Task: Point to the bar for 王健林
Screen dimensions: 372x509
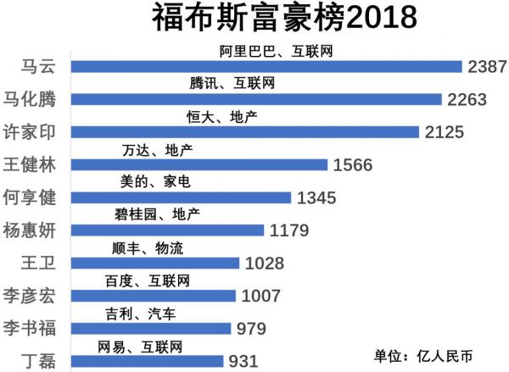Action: coord(200,164)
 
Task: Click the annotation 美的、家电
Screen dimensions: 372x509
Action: coord(156,182)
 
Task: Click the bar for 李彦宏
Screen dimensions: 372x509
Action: coord(154,296)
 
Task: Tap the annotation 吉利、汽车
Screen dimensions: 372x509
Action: coord(140,314)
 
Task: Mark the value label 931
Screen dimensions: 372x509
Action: coord(243,361)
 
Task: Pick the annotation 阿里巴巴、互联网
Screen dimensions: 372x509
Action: coord(275,52)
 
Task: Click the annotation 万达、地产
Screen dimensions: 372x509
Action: coord(157,150)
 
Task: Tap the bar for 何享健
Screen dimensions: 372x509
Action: coord(182,197)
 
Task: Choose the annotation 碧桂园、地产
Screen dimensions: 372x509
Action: coord(157,215)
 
